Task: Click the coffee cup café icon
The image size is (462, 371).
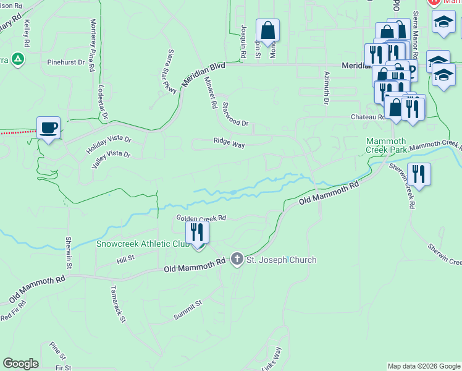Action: pyautogui.click(x=49, y=128)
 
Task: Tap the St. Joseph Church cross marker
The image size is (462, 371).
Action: pyautogui.click(x=237, y=259)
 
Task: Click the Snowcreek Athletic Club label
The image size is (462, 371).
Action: pyautogui.click(x=143, y=244)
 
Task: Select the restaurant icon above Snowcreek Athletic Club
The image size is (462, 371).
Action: pyautogui.click(x=197, y=232)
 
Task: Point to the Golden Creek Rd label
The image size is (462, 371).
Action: pyautogui.click(x=201, y=218)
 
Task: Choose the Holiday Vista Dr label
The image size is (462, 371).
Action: pyautogui.click(x=109, y=140)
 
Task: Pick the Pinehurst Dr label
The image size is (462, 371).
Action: pyautogui.click(x=65, y=62)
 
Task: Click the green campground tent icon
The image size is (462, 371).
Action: pyautogui.click(x=19, y=59)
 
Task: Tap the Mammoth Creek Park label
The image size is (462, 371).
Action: pyautogui.click(x=386, y=145)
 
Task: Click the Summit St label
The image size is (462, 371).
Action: pyautogui.click(x=188, y=310)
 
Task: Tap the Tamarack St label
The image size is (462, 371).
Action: pyautogui.click(x=117, y=304)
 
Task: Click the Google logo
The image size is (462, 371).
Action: pyautogui.click(x=20, y=364)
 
